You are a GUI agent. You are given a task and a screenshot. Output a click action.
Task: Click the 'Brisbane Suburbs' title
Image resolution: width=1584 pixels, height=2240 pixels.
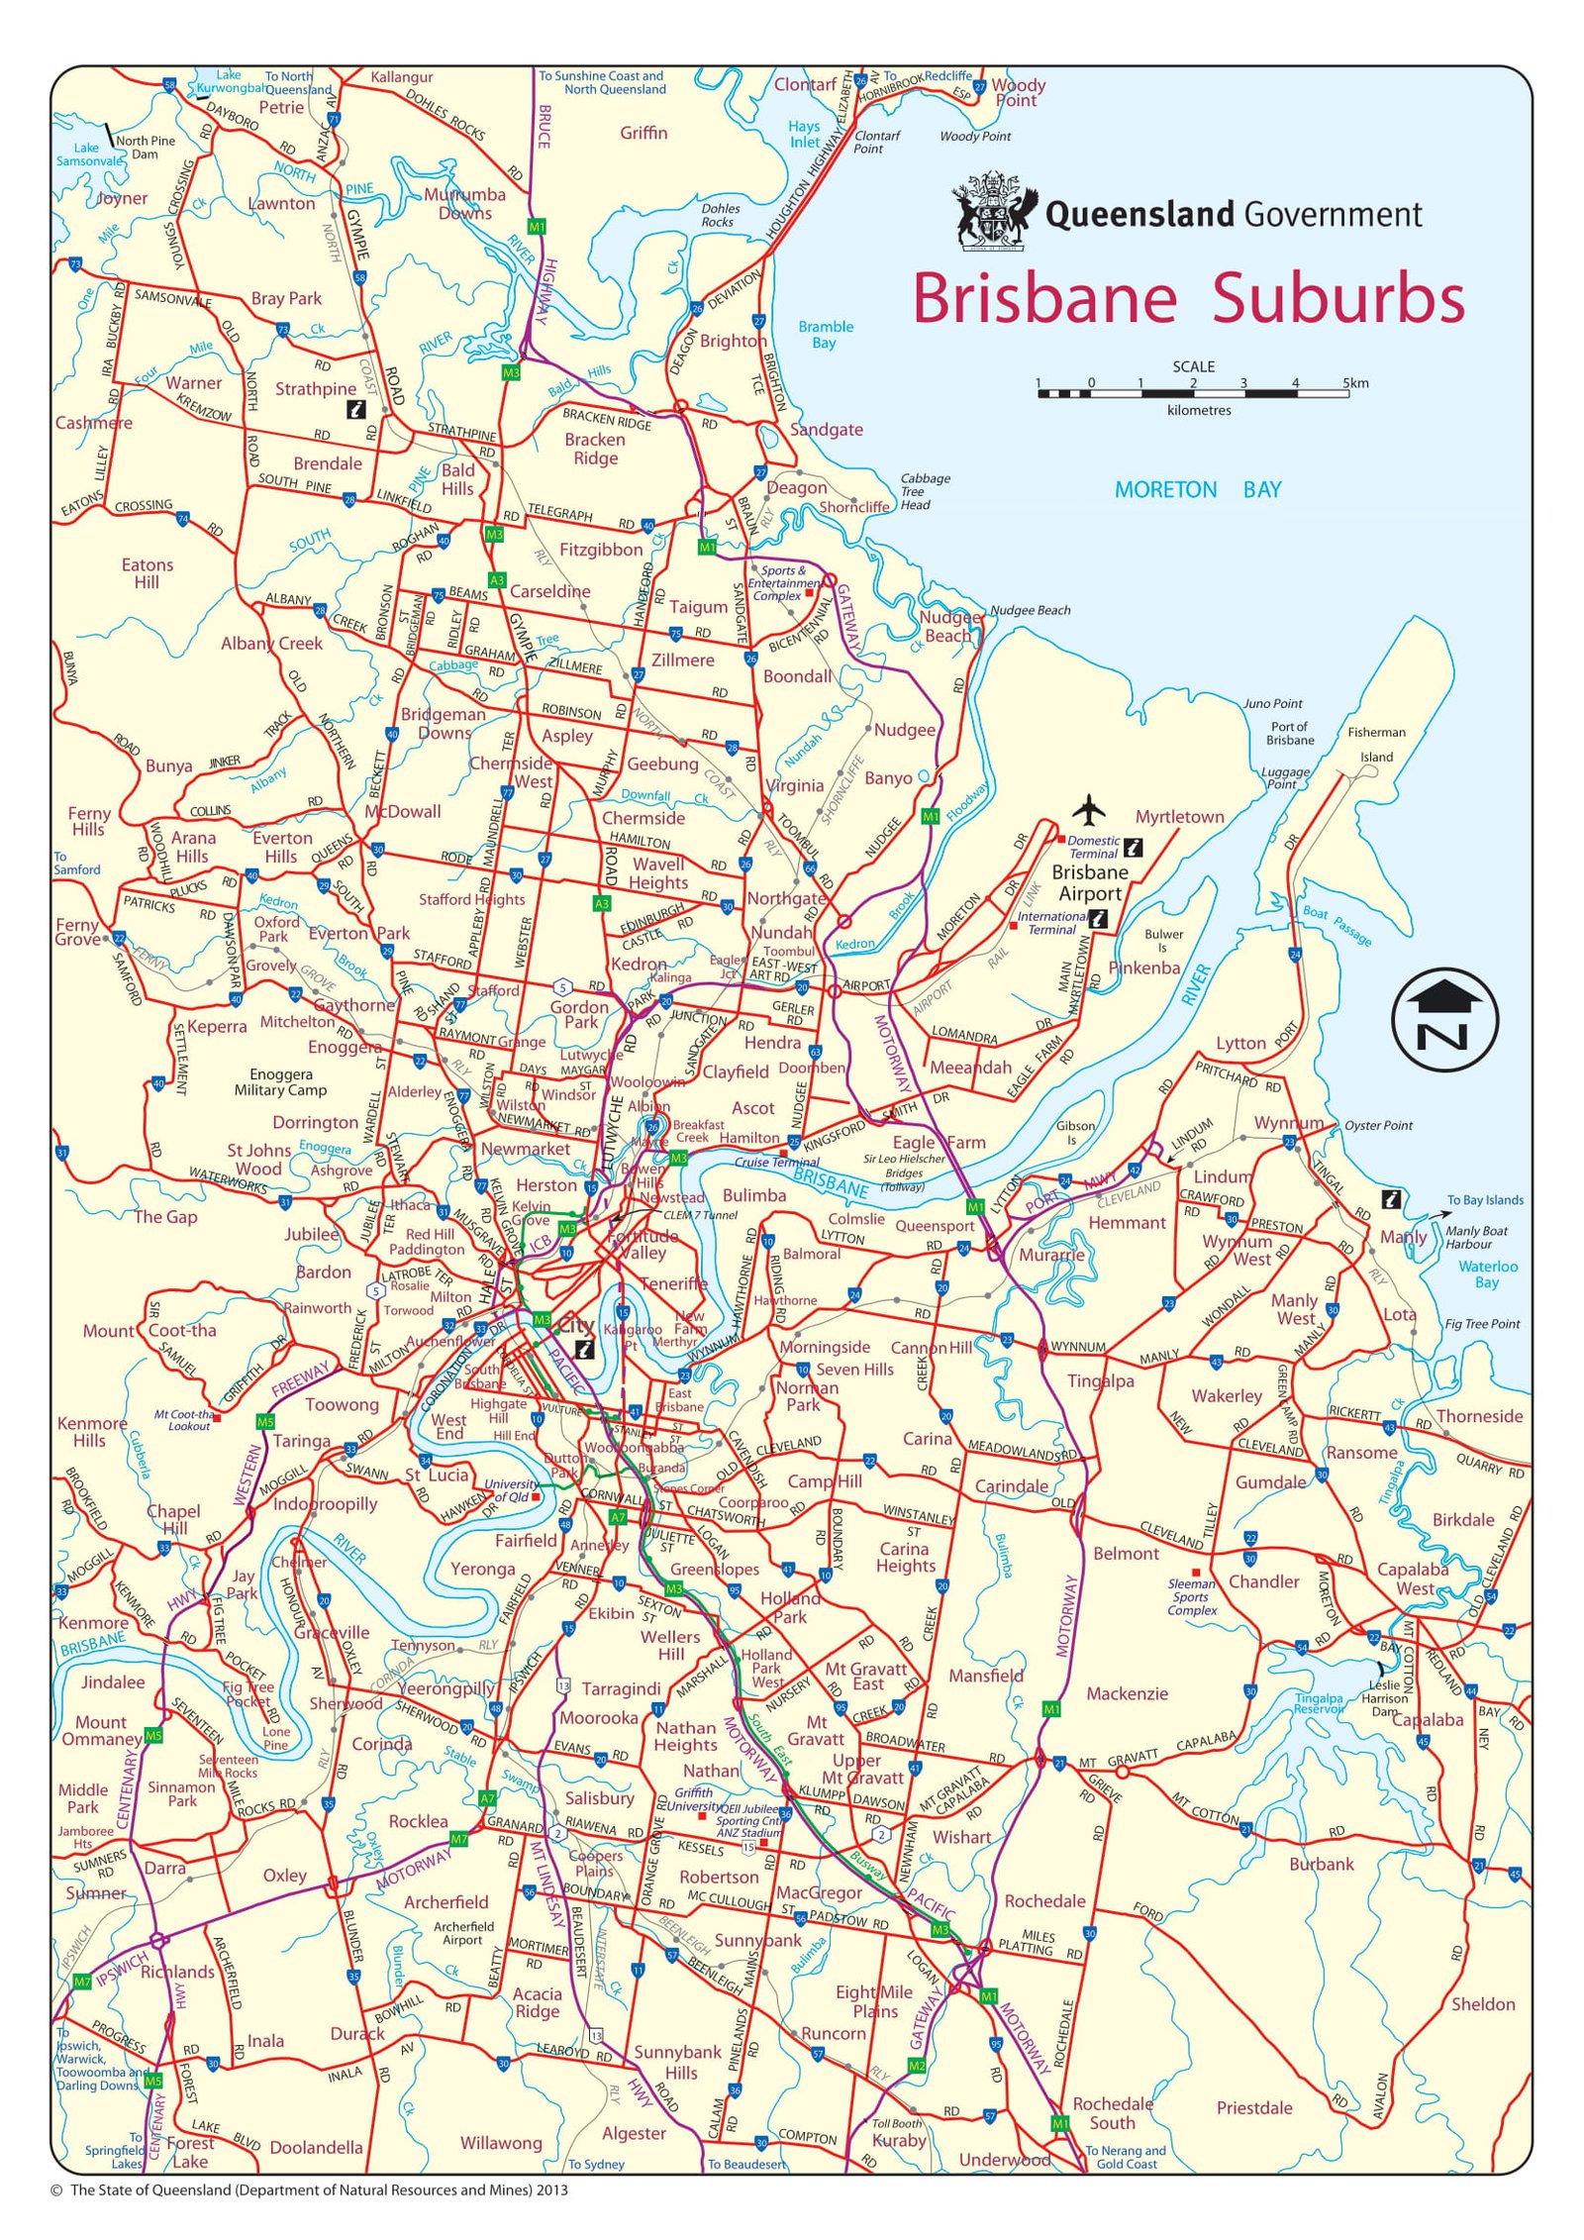[1187, 298]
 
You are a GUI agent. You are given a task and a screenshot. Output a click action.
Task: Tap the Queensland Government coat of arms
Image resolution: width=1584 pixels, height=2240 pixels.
[994, 211]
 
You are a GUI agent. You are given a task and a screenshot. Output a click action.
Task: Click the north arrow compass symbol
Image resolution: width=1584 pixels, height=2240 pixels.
[1444, 1019]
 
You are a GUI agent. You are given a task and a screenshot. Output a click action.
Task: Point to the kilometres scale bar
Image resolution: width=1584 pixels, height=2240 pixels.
[1193, 393]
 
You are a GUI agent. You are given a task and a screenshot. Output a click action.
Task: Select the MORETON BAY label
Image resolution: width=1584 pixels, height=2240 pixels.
[1197, 489]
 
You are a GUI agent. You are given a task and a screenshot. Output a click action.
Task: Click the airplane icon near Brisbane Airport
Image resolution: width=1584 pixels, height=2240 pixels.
[1088, 809]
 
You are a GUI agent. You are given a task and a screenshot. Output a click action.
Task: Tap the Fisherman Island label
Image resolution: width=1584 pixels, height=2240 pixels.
[1376, 744]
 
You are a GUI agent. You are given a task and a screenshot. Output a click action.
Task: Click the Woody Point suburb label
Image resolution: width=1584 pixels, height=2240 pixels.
[1018, 92]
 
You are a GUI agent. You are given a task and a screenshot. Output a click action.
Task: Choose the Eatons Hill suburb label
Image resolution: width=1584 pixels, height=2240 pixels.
[147, 573]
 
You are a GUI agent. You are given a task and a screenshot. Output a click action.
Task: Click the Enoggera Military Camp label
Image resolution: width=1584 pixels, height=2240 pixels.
[280, 1081]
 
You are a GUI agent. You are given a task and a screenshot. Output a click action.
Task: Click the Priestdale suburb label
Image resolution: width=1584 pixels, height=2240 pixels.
[1253, 2108]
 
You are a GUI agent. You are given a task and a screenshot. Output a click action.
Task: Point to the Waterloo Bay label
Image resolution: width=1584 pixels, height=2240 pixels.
[1487, 1273]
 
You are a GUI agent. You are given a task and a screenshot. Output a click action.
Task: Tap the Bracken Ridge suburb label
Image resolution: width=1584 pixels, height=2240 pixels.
[595, 449]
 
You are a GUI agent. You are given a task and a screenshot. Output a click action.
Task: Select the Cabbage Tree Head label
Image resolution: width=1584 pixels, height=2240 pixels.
[924, 491]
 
